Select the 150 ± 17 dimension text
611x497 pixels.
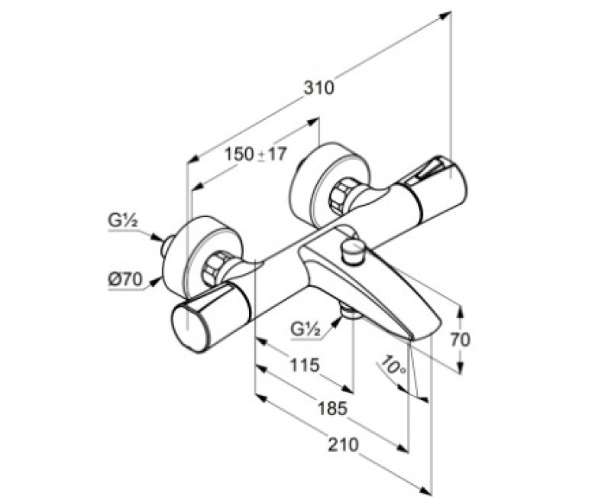click(x=255, y=154)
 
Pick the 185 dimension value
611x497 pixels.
click(x=331, y=408)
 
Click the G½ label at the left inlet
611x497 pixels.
click(x=121, y=223)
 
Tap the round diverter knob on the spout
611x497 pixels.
click(x=354, y=249)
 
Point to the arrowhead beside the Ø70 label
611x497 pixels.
click(x=157, y=280)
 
